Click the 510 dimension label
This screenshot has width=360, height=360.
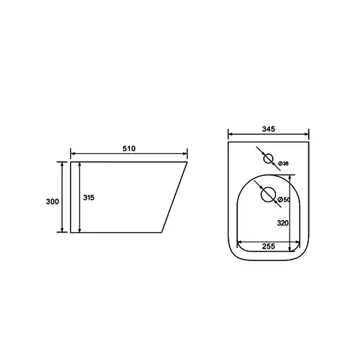pos(129,148)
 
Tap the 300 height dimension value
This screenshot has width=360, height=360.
pos(53,201)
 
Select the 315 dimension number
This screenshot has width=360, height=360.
pos(89,197)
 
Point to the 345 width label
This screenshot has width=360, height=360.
pos(269,129)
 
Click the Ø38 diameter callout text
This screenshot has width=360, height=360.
pos(283,164)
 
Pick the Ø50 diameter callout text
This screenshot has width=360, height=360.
pos(284,200)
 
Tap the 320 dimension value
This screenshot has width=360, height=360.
pos(283,223)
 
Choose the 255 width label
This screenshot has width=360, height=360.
pos(269,246)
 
